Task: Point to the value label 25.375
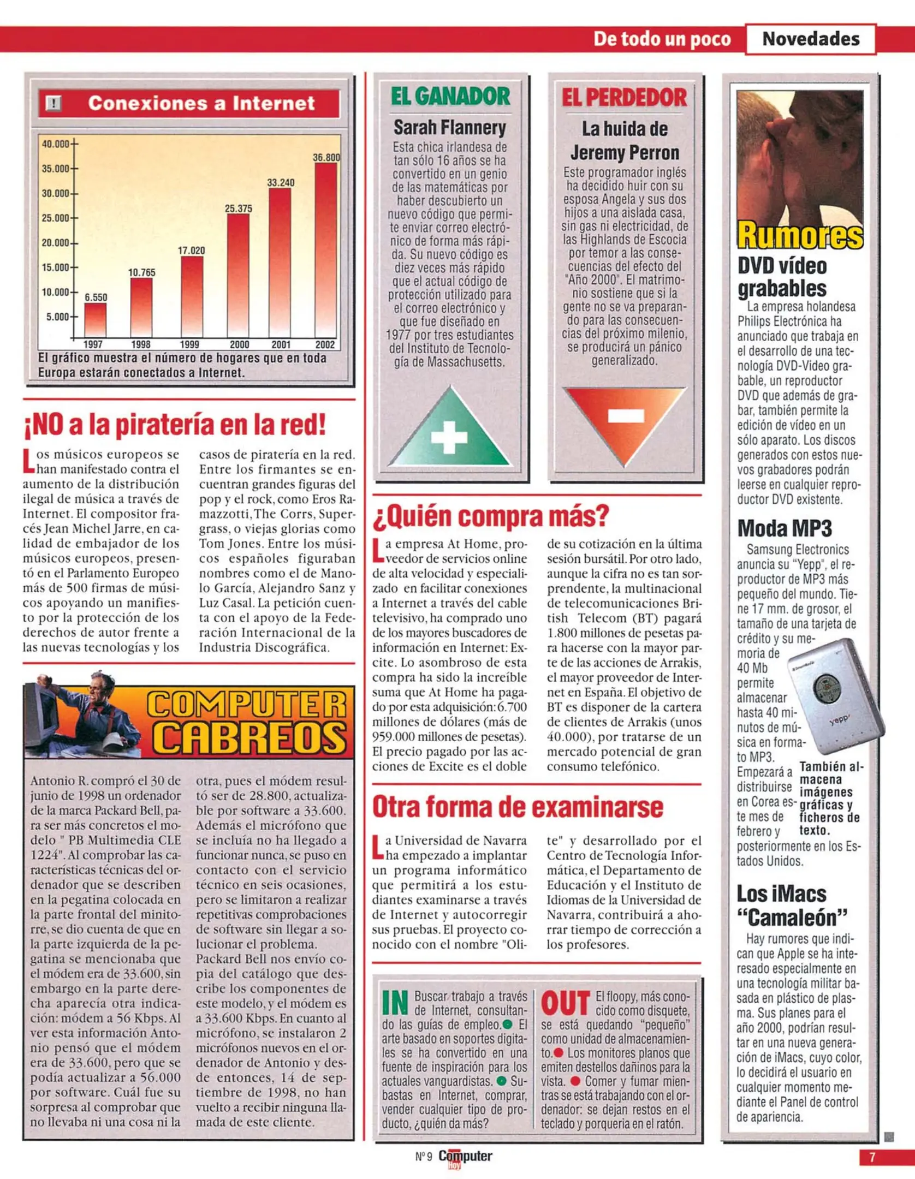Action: pyautogui.click(x=238, y=209)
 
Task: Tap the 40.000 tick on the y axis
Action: pyautogui.click(x=56, y=144)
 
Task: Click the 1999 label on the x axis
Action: pyautogui.click(x=189, y=344)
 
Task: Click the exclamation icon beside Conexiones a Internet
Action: pyautogui.click(x=54, y=103)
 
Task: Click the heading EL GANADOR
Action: pyautogui.click(x=450, y=97)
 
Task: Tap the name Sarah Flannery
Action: pyautogui.click(x=450, y=128)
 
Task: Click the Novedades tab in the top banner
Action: pyautogui.click(x=810, y=39)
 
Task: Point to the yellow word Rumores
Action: pyautogui.click(x=800, y=235)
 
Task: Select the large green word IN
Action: pyautogui.click(x=395, y=1002)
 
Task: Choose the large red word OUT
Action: pyautogui.click(x=565, y=1003)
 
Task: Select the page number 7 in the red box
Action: pyautogui.click(x=872, y=1157)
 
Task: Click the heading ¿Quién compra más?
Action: pyautogui.click(x=490, y=516)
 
